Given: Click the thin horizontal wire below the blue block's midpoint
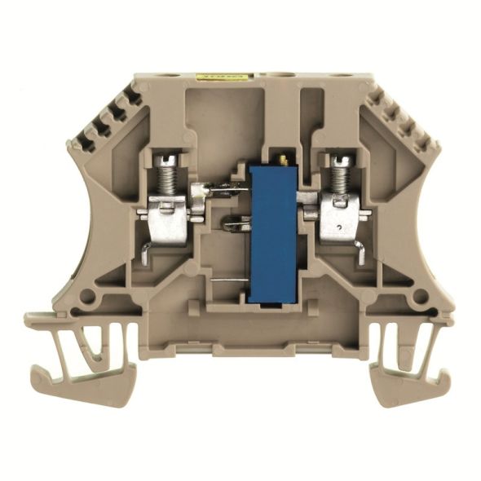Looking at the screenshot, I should point(229,280).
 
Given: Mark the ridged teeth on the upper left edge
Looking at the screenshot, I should point(106,114).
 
